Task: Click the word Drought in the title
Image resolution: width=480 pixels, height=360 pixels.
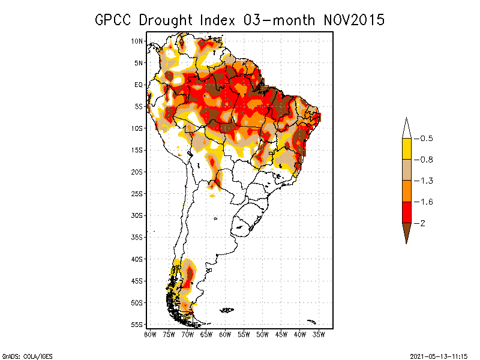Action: pos(164,20)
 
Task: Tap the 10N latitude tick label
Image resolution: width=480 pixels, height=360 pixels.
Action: pos(137,41)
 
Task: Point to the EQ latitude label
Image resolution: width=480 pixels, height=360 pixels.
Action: pos(139,85)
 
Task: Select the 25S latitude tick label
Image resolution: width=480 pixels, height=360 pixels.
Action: pos(137,193)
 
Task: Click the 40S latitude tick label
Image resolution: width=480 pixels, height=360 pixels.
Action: pos(137,259)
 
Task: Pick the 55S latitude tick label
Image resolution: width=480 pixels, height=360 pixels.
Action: pos(137,324)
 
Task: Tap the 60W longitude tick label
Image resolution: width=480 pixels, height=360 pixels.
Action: pos(226,334)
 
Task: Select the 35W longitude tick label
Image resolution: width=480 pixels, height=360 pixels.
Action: pos(319,334)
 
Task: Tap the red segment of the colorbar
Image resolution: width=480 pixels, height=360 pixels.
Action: pos(406,212)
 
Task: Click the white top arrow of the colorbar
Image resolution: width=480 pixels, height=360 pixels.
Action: pos(406,128)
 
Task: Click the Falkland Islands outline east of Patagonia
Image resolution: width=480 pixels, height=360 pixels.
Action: pos(226,310)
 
